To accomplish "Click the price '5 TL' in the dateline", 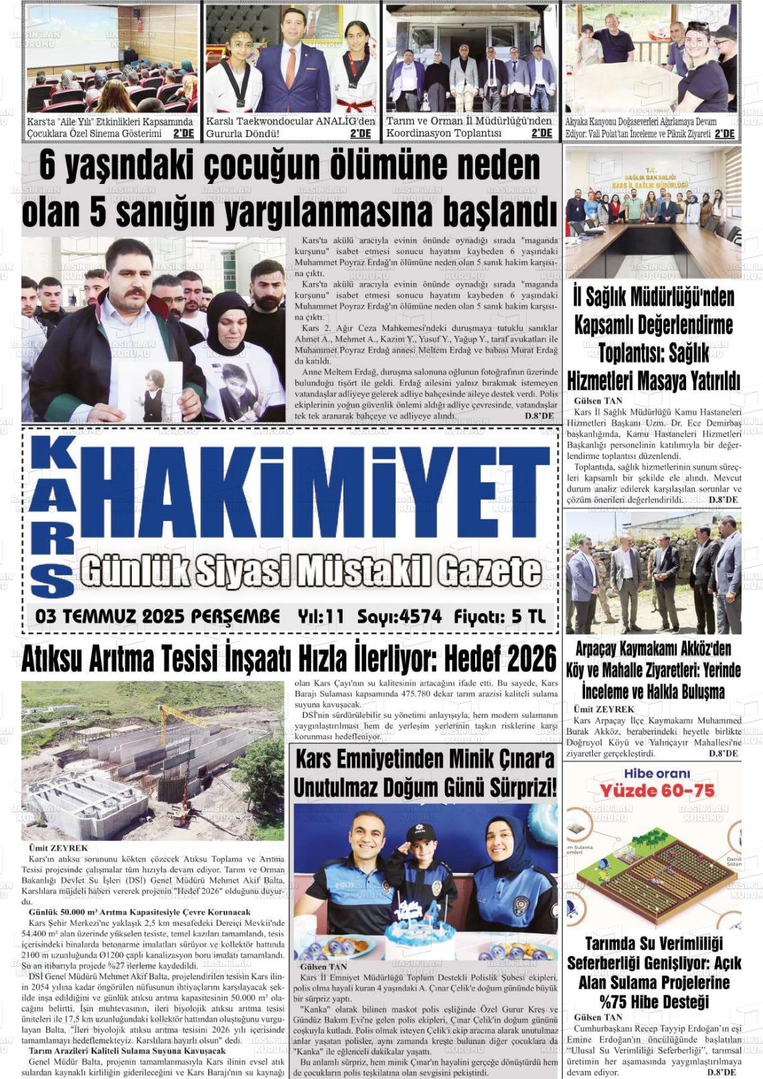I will pos(528,617).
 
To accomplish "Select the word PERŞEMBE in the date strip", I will pos(235,617).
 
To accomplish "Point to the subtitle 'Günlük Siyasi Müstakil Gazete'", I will pos(311,572).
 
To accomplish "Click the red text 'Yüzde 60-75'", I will pos(657,791).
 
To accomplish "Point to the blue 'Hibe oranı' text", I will pos(657,773).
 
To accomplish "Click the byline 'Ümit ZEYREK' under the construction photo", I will pos(59,848).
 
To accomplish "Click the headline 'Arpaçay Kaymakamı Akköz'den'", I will pos(653,649).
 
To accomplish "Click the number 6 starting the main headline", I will pos(47,166).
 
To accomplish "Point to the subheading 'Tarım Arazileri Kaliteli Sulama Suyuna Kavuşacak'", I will pos(126,1051).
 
